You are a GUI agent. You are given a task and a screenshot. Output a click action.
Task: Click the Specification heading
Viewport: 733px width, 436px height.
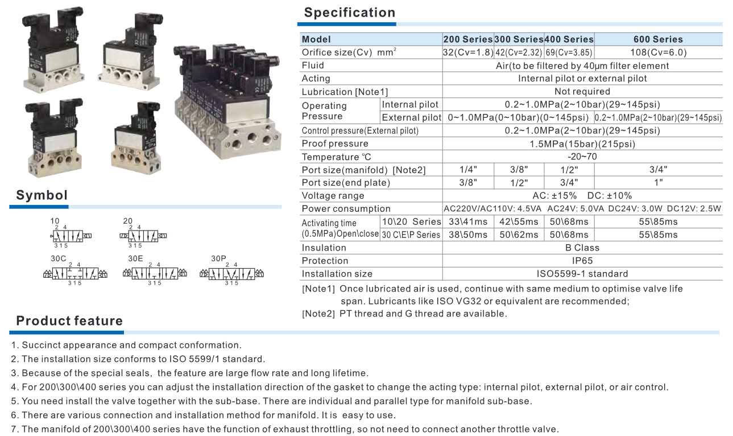tap(349, 13)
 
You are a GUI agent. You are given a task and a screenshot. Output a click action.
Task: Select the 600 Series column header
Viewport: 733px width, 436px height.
tap(658, 39)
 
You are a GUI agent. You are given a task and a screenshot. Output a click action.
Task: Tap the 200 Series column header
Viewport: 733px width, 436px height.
tap(468, 39)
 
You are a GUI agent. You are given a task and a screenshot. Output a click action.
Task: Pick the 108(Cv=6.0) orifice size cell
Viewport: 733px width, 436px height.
tap(659, 52)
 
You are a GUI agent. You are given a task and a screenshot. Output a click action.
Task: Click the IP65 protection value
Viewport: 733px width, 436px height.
tap(582, 261)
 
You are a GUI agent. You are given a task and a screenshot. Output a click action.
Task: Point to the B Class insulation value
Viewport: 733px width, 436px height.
tap(582, 248)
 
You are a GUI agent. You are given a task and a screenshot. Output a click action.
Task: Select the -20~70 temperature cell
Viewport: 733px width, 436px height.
tap(582, 157)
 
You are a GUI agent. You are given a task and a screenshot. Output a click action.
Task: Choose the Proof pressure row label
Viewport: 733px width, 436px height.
tap(335, 143)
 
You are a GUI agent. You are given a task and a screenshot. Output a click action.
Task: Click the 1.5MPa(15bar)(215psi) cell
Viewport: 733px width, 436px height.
tap(582, 143)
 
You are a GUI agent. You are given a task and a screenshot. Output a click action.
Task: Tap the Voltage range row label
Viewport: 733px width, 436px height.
tap(333, 196)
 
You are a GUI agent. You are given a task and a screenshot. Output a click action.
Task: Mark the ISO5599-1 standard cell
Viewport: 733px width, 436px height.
tap(582, 274)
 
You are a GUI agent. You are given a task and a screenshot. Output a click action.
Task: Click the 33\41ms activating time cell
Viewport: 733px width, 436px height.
tap(468, 221)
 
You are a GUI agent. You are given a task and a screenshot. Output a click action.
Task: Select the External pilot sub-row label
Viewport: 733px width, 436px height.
tap(411, 118)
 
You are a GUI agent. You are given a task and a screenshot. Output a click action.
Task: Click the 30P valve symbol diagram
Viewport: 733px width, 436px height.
tap(232, 274)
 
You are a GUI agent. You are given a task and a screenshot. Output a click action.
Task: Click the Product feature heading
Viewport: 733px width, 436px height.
tap(69, 321)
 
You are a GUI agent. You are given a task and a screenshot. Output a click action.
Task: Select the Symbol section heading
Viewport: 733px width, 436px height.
tap(42, 195)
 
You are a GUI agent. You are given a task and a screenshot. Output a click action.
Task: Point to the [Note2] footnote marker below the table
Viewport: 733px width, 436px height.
tap(318, 314)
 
